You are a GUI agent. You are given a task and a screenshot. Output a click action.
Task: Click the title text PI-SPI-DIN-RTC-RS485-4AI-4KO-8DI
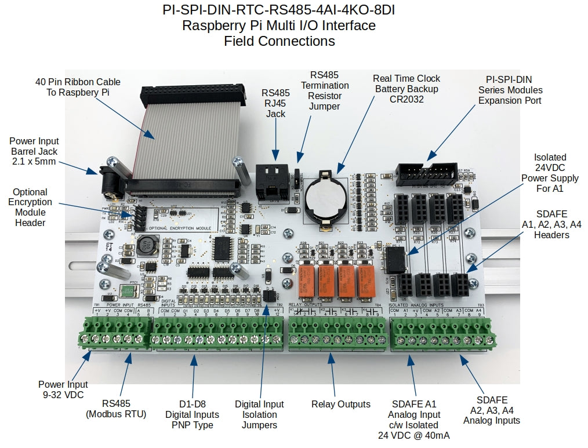(278, 10)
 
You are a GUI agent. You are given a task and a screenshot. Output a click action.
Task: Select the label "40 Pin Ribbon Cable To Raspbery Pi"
(78, 87)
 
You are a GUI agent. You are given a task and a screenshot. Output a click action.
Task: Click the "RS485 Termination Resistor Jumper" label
(329, 90)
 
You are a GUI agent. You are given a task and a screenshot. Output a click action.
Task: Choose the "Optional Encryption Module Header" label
(30, 207)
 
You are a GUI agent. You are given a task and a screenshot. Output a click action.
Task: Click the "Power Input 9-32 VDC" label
(63, 389)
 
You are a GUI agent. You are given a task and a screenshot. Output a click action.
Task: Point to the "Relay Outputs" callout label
(340, 404)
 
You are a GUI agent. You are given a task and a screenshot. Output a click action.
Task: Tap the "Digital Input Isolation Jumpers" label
(259, 414)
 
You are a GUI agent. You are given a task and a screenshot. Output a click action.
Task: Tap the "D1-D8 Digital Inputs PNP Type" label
(192, 414)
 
